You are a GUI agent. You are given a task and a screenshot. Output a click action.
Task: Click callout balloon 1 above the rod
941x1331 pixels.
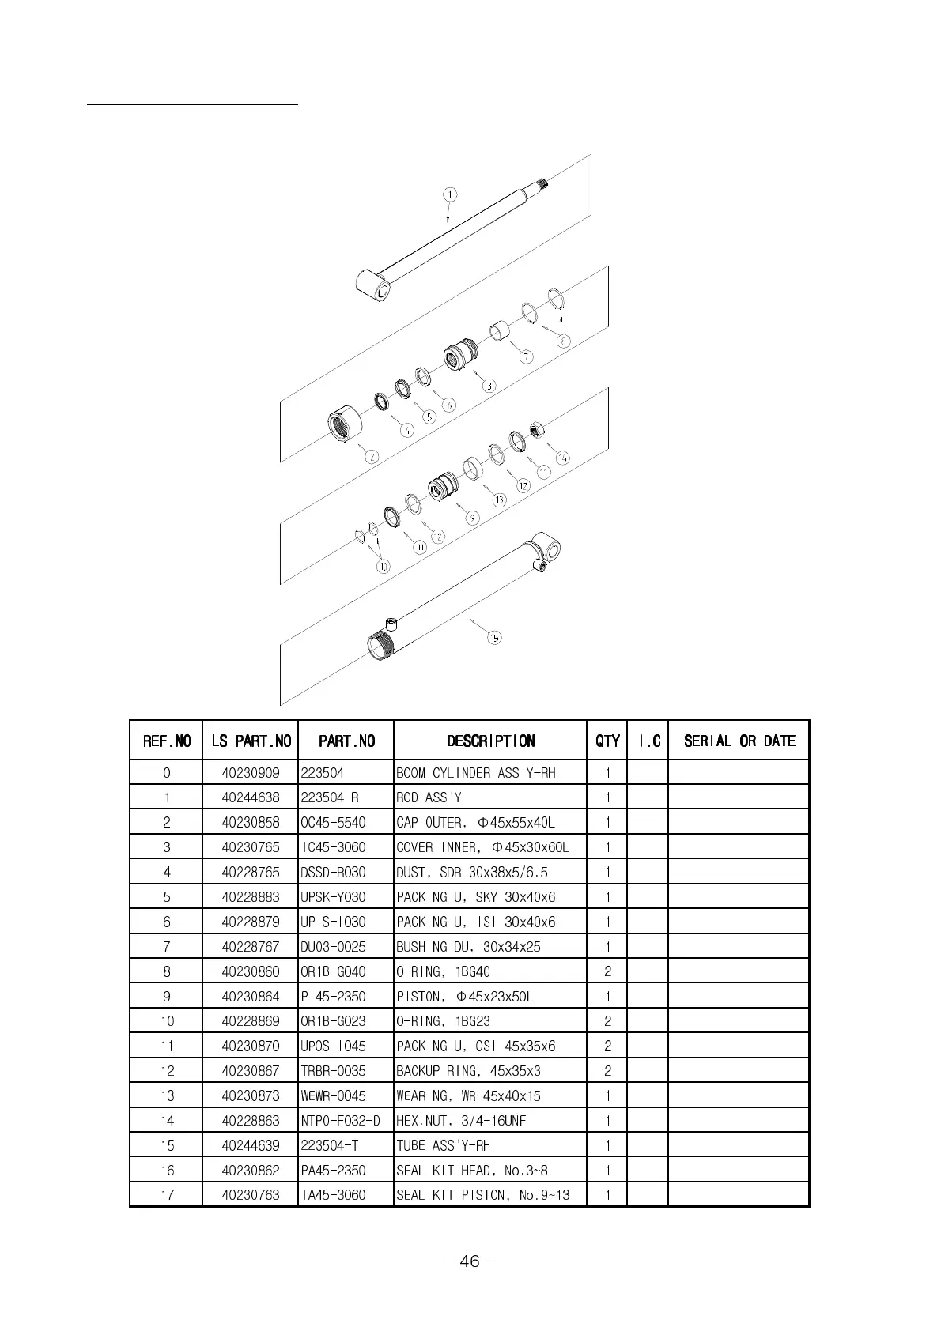pos(449,194)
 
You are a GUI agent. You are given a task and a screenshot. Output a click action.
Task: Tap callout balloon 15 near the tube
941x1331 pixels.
pos(494,638)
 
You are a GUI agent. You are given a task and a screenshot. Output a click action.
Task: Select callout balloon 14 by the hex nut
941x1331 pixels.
pos(563,458)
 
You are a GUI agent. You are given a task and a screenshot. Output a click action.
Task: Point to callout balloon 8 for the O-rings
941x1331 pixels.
pos(563,341)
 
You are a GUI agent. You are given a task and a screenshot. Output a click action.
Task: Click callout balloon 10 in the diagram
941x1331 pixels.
pos(384,566)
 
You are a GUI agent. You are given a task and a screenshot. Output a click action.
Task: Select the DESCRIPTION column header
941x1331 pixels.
pos(490,741)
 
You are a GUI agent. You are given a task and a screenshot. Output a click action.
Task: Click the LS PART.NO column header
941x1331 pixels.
pos(251,741)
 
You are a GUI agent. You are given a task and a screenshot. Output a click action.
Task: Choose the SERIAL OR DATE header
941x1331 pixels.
pos(739,741)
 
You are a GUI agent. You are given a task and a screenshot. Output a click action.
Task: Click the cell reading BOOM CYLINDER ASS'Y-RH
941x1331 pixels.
pos(476,773)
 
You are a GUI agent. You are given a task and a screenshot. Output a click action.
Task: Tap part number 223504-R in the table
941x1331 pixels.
pos(330,797)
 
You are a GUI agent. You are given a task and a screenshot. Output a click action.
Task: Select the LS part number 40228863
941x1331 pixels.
pos(251,1120)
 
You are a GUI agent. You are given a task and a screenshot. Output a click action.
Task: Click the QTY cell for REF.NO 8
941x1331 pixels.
pos(607,971)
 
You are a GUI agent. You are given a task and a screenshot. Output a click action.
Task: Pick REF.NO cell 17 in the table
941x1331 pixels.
pos(167,1194)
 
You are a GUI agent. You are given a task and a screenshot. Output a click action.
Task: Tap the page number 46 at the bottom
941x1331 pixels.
pos(470,1261)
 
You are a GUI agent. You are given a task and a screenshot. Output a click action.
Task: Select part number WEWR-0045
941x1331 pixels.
pos(332,1095)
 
